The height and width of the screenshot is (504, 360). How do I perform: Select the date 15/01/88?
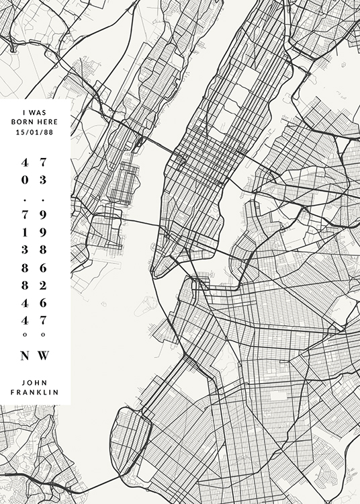point(35,132)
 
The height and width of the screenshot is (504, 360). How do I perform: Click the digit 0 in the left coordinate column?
point(26,180)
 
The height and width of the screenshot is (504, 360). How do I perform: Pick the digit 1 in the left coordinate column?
point(26,232)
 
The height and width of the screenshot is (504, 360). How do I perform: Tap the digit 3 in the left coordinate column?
point(26,249)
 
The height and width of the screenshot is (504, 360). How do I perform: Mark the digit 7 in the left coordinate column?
point(26,214)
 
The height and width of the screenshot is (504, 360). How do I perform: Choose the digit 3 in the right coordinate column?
point(44,180)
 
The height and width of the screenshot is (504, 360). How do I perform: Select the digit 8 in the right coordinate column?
point(44,249)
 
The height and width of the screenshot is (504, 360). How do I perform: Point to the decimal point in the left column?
point(26,200)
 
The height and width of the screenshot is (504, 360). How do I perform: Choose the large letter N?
point(26,355)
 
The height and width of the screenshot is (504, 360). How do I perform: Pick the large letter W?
point(44,355)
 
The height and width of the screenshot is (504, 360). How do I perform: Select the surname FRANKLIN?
point(35,392)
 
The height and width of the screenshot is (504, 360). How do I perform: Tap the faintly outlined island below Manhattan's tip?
point(146,306)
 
